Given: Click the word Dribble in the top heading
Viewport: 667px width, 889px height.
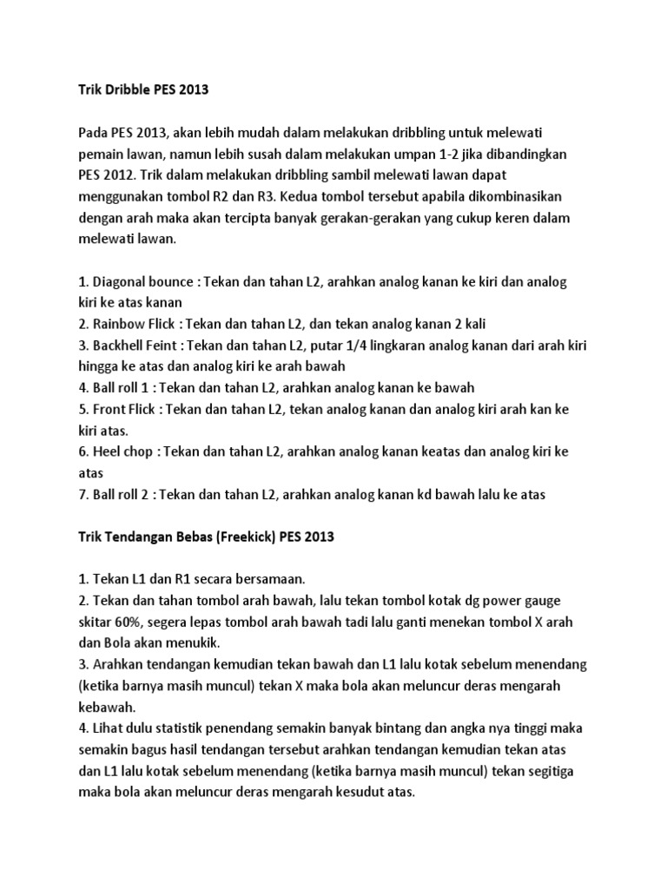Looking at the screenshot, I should tap(122, 89).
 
